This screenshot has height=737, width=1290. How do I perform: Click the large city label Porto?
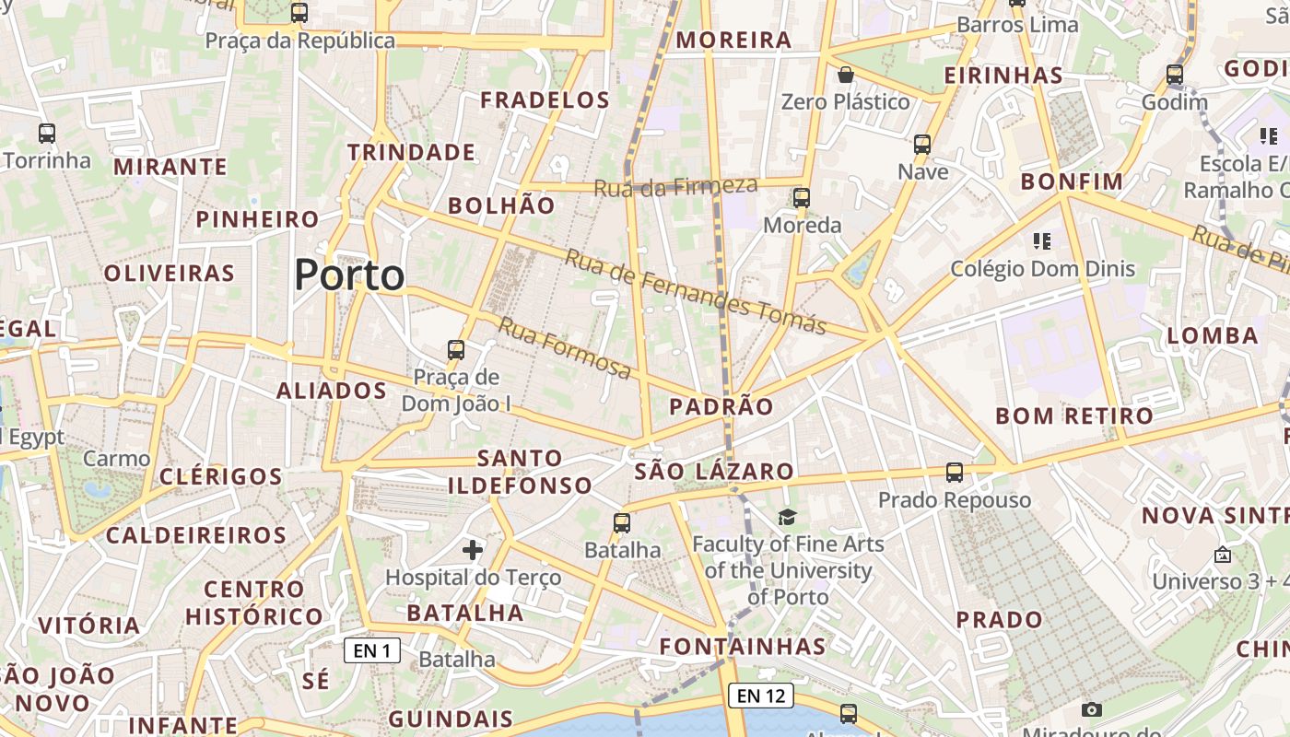tap(349, 275)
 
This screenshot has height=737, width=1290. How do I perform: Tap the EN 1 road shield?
tap(372, 650)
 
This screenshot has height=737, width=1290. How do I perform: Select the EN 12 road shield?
tap(761, 696)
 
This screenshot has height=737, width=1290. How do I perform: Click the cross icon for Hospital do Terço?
tap(473, 551)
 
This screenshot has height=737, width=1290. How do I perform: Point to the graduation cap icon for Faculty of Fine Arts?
tap(787, 517)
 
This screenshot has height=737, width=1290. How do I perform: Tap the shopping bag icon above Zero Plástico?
tap(845, 75)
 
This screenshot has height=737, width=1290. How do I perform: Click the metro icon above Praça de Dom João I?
tap(456, 350)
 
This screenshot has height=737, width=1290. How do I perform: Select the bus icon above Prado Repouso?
tap(955, 473)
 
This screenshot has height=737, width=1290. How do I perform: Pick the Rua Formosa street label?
tap(565, 348)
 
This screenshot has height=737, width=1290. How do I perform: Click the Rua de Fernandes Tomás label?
tap(695, 291)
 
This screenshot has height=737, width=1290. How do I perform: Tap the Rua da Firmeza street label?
tap(675, 186)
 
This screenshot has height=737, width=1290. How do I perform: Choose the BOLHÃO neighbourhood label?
tap(501, 205)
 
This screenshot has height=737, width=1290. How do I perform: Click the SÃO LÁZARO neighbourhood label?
tap(714, 472)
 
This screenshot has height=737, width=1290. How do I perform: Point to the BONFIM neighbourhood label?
tap(1072, 181)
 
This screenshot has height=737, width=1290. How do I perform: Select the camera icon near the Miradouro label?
tap(1092, 709)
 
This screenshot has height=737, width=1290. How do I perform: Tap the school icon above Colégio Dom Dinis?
tap(1042, 241)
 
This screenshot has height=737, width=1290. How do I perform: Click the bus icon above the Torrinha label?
tap(47, 134)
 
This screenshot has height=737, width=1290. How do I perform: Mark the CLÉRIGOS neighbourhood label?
tap(221, 476)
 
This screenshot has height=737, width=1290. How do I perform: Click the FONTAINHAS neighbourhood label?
tap(743, 646)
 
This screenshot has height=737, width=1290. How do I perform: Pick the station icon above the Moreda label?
tap(802, 197)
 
